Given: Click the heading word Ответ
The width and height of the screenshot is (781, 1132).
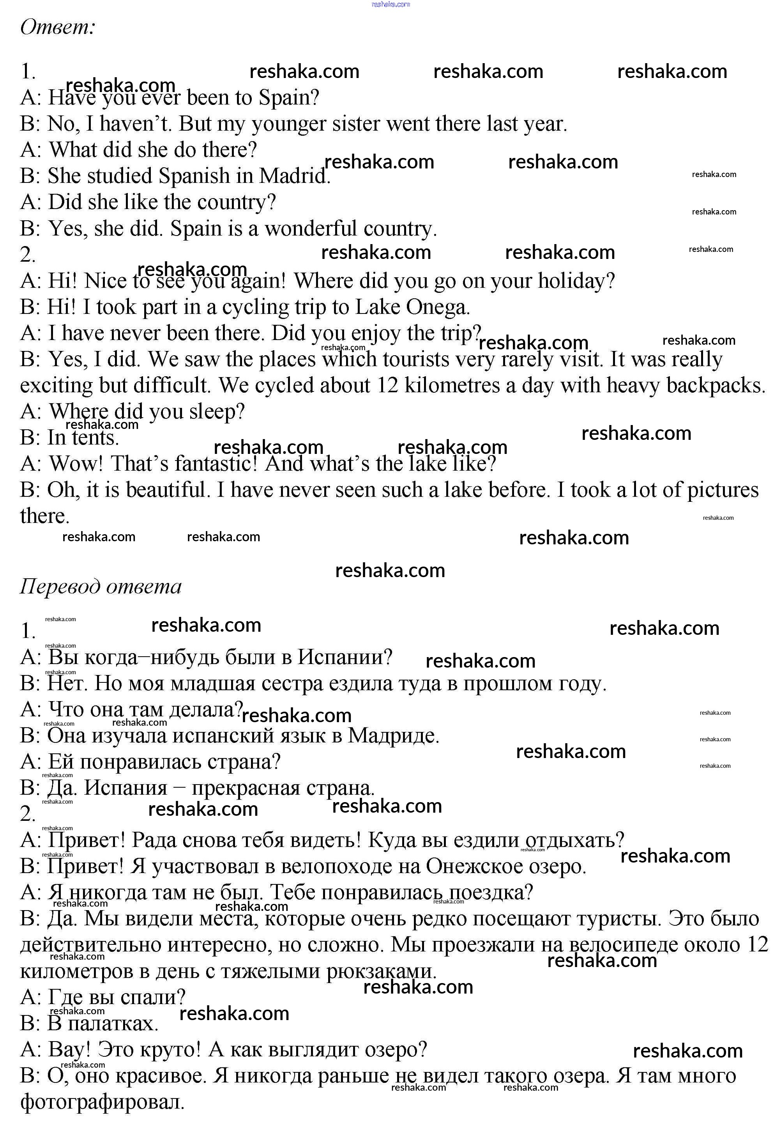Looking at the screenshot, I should pyautogui.click(x=57, y=27).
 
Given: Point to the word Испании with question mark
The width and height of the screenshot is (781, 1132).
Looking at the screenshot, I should pyautogui.click(x=345, y=657).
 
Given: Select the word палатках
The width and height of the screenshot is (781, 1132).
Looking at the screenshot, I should pyautogui.click(x=113, y=1024).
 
